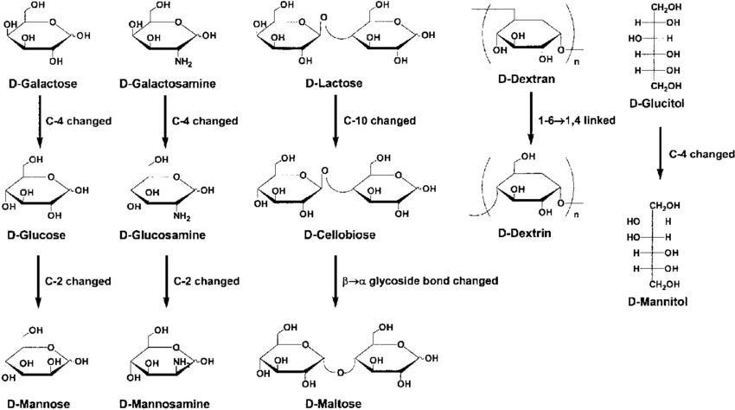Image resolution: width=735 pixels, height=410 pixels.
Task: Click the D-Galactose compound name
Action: (x=42, y=84)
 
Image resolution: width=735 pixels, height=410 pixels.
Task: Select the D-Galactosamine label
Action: (x=168, y=84)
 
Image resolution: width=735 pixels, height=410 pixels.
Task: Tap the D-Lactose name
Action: (x=334, y=84)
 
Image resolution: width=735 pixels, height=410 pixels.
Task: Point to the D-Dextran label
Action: (x=527, y=79)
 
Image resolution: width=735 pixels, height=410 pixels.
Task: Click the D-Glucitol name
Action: (x=656, y=103)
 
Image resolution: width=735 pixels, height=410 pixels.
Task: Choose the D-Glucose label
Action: (x=36, y=235)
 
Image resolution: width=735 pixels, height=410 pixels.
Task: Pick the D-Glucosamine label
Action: (x=163, y=235)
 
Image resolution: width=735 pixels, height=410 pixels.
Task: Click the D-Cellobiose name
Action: (x=340, y=234)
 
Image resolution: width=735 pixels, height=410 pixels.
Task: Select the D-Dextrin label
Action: (x=525, y=234)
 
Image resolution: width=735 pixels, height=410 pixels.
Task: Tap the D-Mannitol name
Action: (x=658, y=302)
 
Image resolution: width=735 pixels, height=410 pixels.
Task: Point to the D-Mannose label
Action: (x=38, y=404)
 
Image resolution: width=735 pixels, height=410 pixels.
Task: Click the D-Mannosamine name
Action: (x=164, y=404)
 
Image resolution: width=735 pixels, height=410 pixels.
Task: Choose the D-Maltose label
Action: (x=333, y=403)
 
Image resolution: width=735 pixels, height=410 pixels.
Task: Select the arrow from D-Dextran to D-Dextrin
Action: (x=531, y=119)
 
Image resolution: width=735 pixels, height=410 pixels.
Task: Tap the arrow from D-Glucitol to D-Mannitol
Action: (x=660, y=153)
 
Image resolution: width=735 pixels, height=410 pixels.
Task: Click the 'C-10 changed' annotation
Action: (x=380, y=121)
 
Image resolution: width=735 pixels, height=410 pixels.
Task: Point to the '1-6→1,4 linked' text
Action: (x=577, y=120)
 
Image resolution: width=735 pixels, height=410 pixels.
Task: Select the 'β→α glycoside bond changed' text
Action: (x=420, y=281)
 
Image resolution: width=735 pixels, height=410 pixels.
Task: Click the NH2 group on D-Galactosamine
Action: (x=183, y=62)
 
